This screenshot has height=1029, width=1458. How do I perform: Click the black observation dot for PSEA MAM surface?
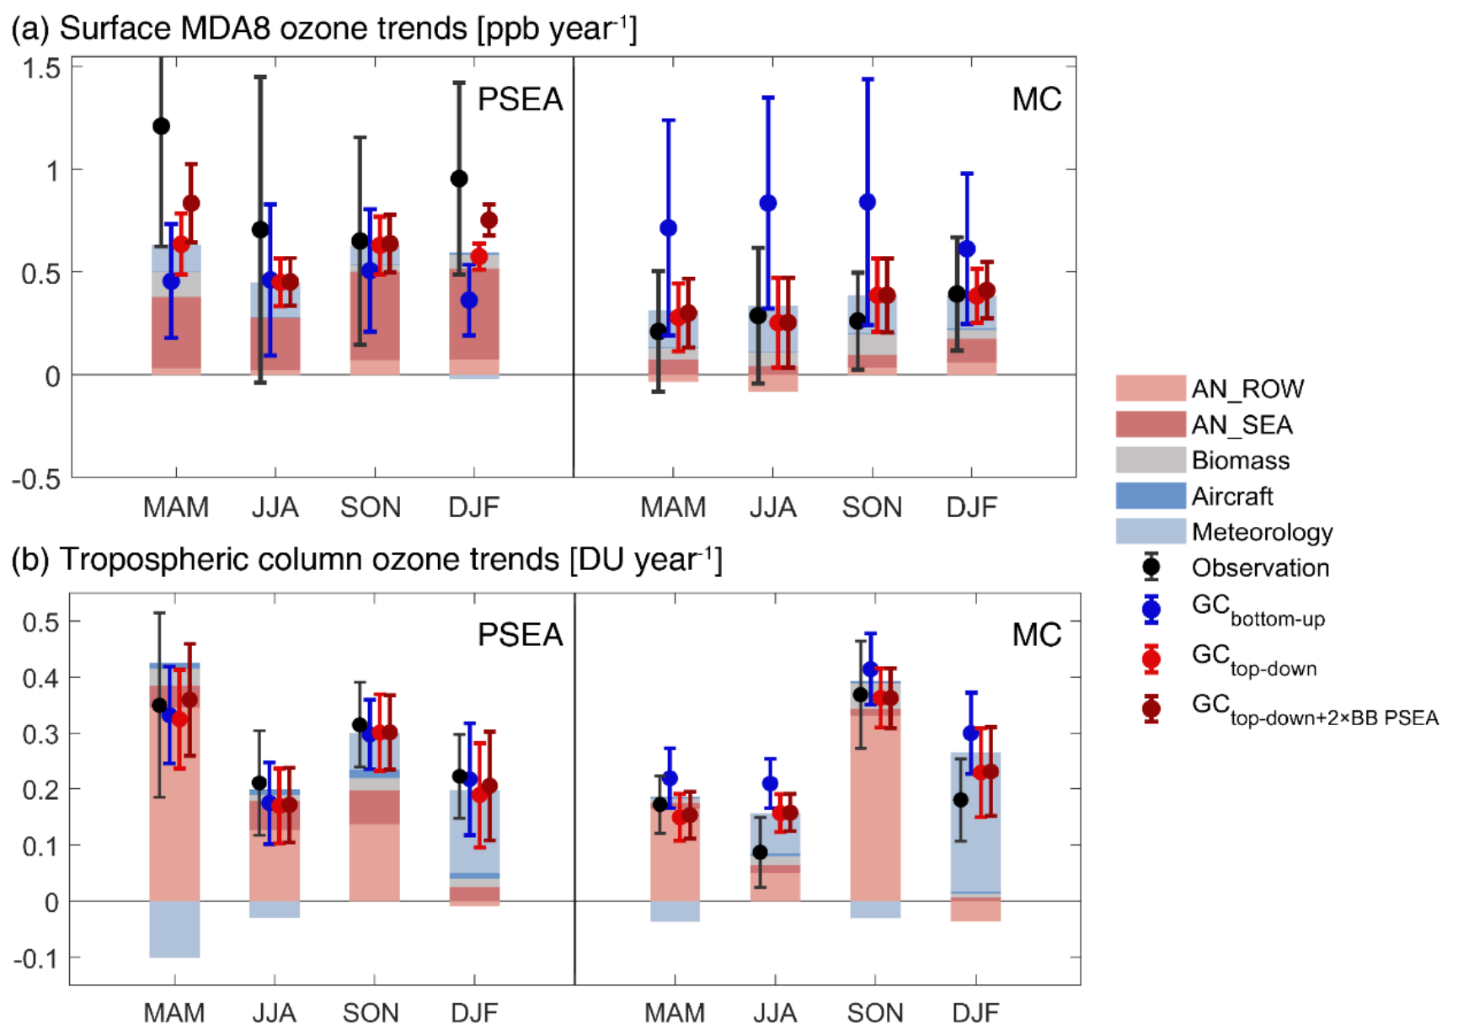tap(161, 126)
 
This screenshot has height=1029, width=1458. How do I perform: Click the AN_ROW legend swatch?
tap(1150, 388)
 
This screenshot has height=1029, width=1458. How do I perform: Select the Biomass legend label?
tap(1240, 461)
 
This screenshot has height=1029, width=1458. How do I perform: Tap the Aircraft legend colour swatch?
tap(1150, 496)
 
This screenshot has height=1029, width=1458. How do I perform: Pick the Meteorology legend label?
tap(1262, 532)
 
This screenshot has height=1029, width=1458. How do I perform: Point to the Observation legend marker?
tap(1151, 568)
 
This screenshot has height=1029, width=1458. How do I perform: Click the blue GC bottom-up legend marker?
tap(1151, 609)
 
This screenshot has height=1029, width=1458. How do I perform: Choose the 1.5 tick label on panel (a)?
tap(41, 68)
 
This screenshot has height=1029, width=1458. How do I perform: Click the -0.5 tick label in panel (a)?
tap(36, 479)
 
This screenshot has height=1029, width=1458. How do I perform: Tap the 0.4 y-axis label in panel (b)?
tap(40, 678)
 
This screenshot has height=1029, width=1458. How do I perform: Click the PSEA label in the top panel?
tap(520, 99)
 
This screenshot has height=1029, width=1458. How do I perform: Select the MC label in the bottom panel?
tap(1036, 635)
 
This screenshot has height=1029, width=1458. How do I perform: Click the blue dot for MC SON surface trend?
tap(868, 202)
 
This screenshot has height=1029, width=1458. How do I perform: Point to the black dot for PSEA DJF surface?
tap(459, 179)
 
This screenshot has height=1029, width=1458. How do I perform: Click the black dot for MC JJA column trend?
tap(760, 852)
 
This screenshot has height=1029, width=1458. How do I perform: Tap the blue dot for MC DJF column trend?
tap(971, 733)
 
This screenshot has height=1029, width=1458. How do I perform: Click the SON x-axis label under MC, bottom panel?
tap(874, 1012)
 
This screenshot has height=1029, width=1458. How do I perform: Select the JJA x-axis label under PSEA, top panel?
tap(275, 507)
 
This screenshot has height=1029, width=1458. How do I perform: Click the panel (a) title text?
tap(323, 29)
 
